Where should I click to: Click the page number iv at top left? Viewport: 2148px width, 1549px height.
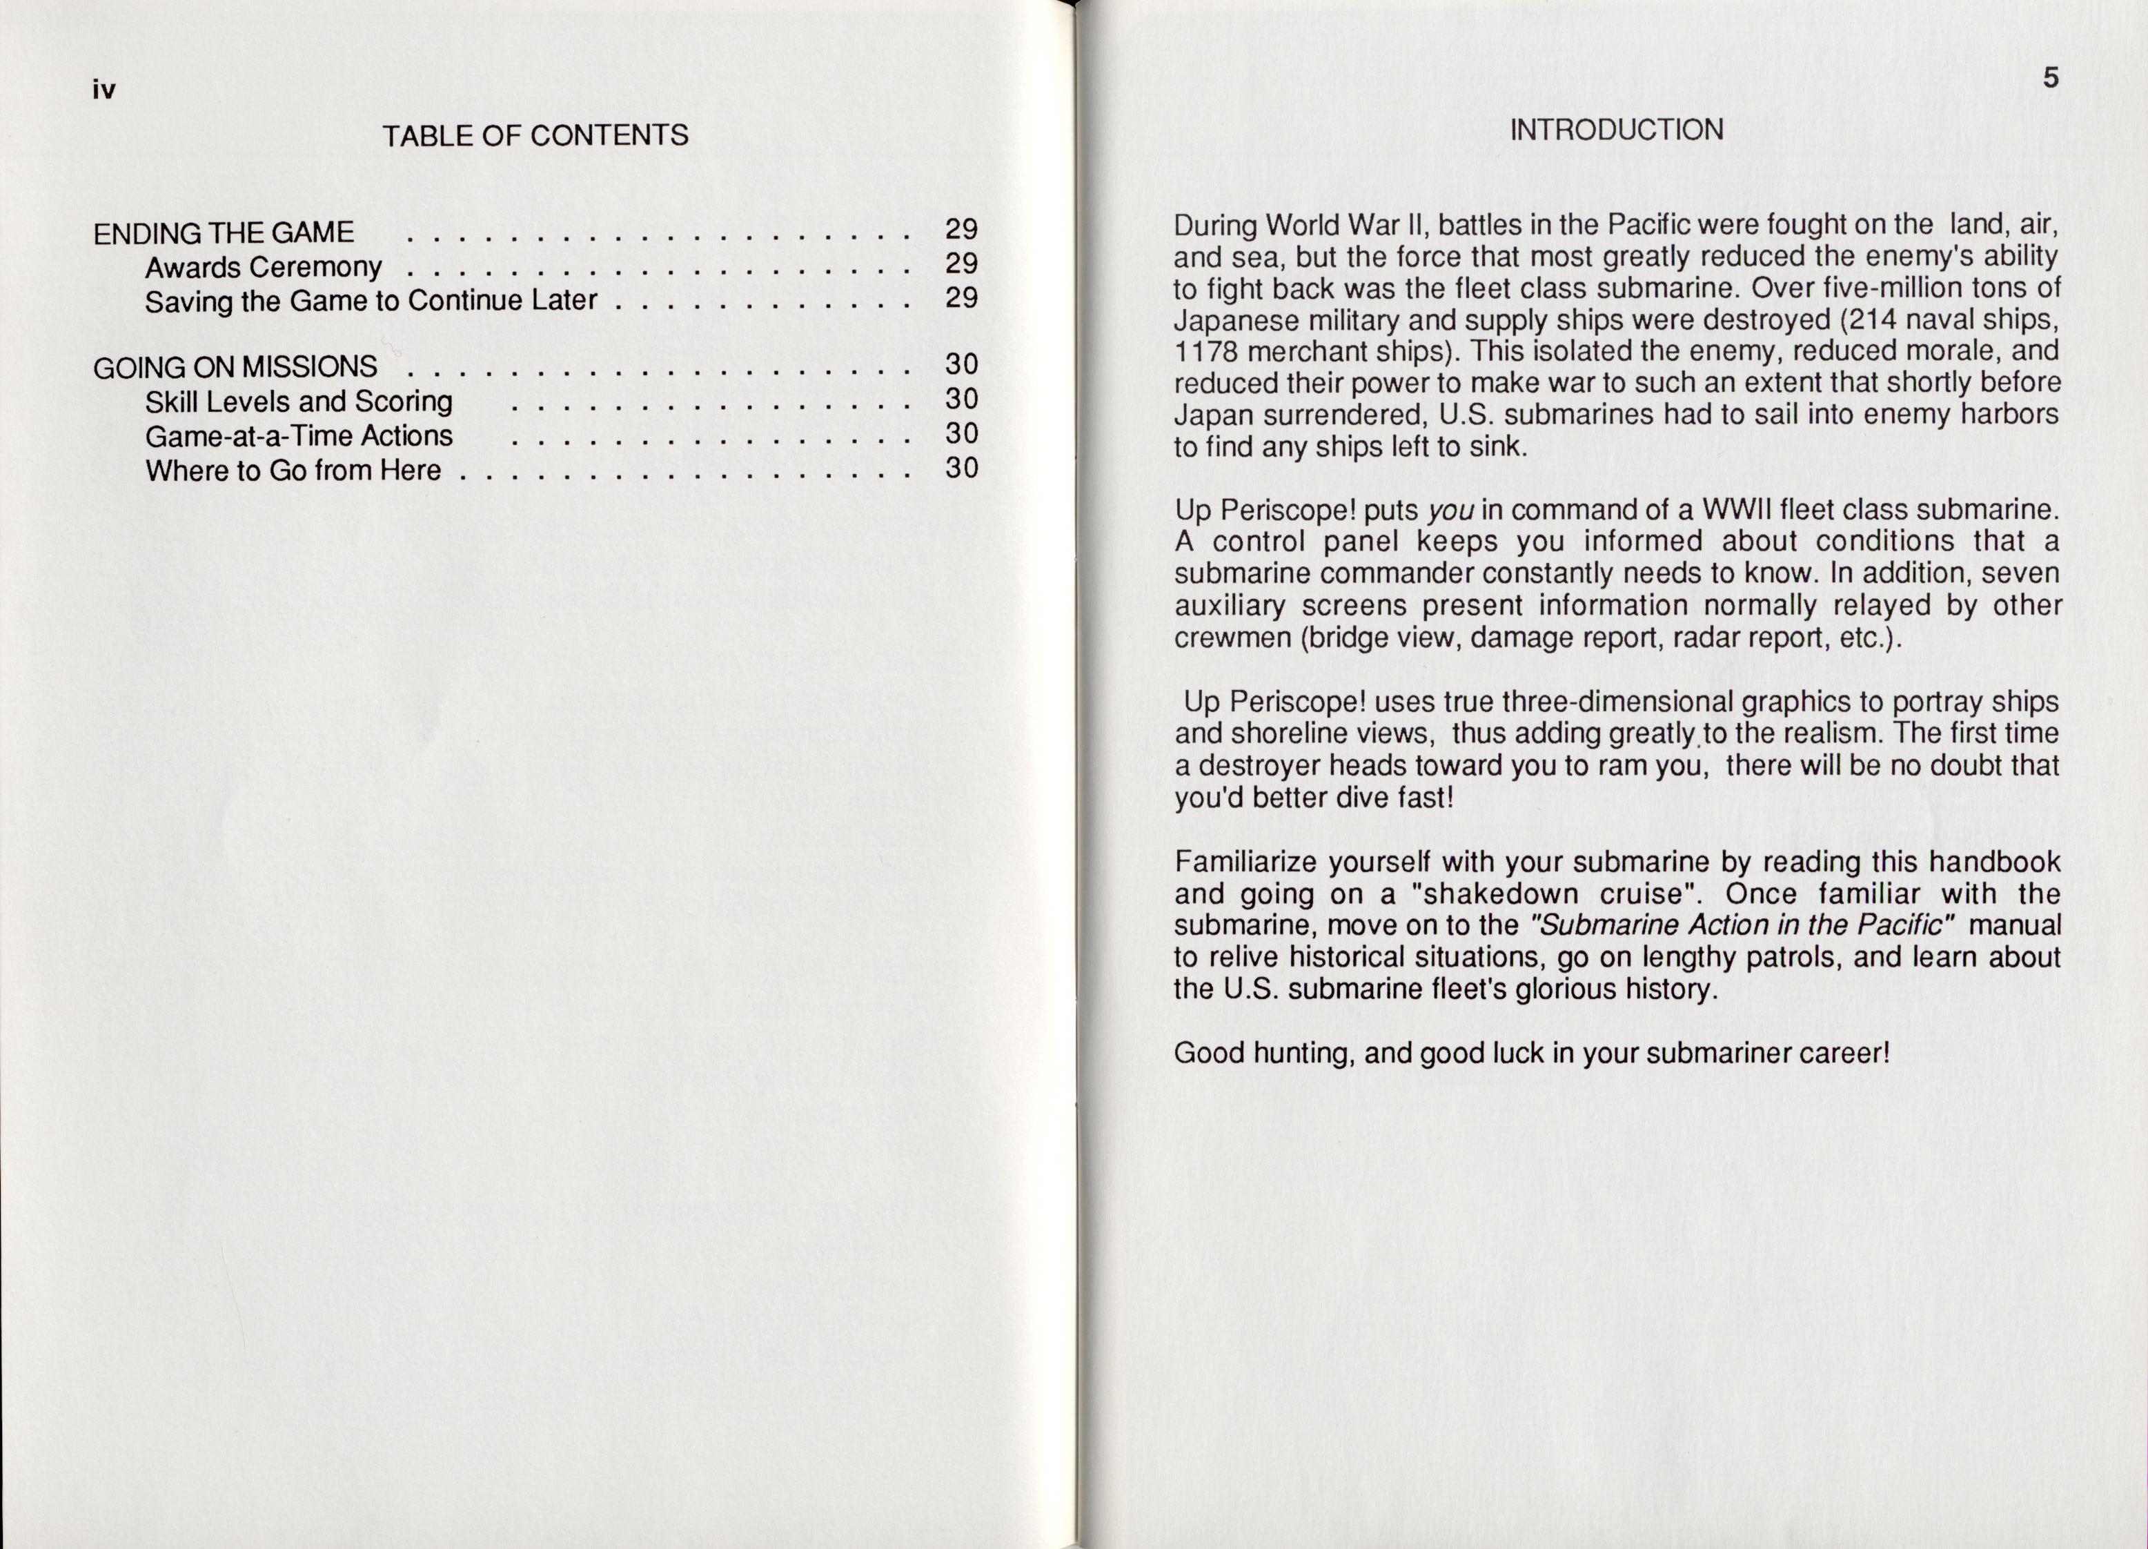[x=104, y=90]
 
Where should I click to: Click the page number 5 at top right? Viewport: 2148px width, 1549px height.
[x=2051, y=78]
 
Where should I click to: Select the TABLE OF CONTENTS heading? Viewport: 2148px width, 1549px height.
[x=535, y=135]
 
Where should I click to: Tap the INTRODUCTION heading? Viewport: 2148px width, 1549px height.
[x=1616, y=130]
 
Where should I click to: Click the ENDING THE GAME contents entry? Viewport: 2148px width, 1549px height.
[x=224, y=233]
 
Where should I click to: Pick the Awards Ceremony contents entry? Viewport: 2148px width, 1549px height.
[x=264, y=267]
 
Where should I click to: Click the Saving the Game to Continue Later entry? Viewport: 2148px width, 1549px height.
[x=371, y=301]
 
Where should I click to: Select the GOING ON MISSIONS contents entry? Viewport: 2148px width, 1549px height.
[x=235, y=367]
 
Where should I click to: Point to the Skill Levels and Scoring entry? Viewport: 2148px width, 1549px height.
[x=298, y=402]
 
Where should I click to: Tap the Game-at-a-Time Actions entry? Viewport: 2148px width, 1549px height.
[x=298, y=435]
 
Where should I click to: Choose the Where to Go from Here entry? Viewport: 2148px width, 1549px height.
[x=293, y=470]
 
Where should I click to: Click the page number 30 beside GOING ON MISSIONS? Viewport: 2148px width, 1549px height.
[x=961, y=364]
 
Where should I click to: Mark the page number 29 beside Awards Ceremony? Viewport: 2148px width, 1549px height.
[x=961, y=263]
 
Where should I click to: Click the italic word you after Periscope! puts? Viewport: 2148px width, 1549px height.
[x=1452, y=511]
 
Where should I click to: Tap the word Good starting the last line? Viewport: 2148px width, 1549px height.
[x=1208, y=1053]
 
